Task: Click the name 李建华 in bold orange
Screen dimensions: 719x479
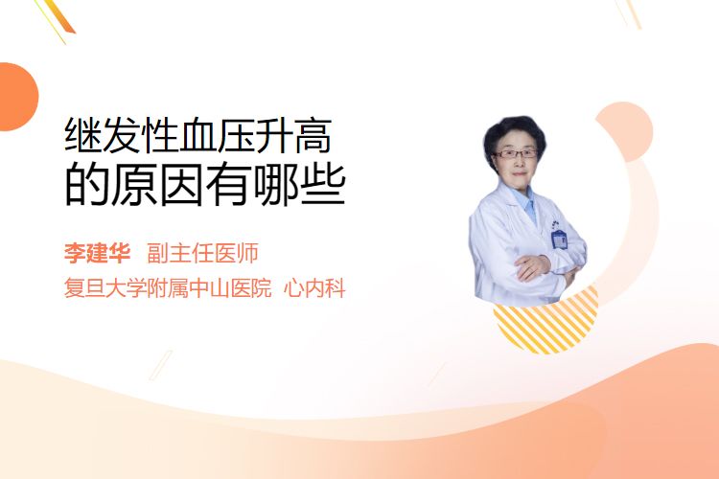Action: tap(97, 253)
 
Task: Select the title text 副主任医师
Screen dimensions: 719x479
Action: tap(202, 253)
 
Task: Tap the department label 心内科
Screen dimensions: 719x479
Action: tap(314, 288)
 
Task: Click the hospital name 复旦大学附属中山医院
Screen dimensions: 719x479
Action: tap(168, 288)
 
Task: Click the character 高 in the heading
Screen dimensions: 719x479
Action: tap(313, 135)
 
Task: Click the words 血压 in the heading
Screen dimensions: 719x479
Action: tap(198, 135)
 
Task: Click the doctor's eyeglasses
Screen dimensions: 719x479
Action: tap(516, 154)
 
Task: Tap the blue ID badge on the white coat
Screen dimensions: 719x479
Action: tap(559, 239)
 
